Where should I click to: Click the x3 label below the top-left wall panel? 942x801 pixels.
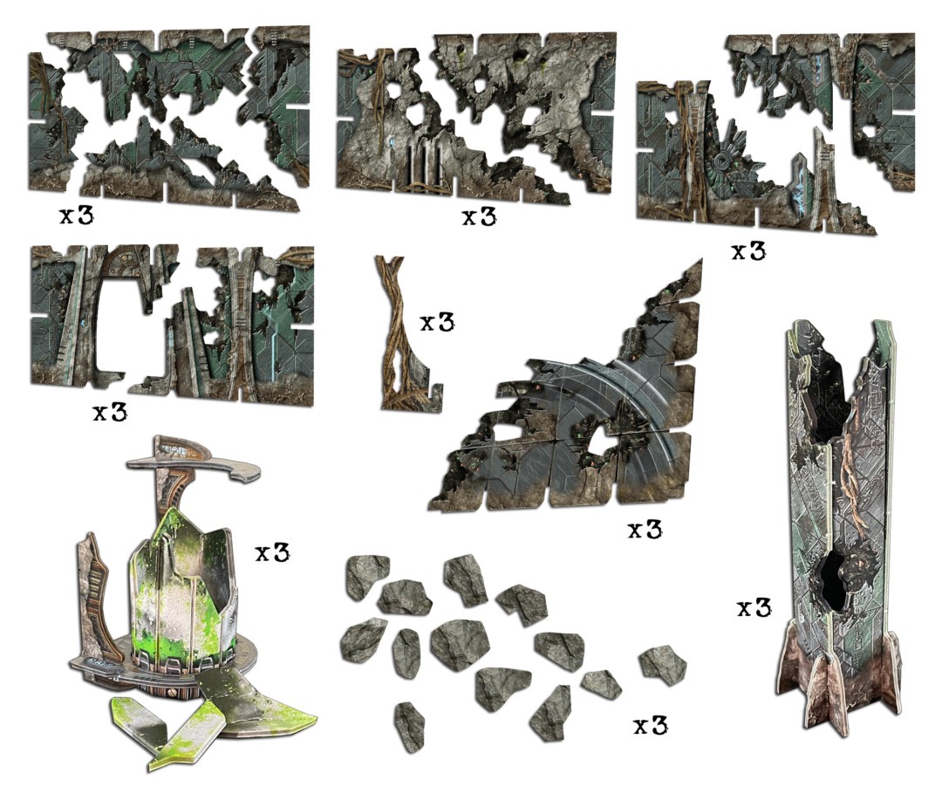tap(77, 216)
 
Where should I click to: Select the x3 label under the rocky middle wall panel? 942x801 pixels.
tap(479, 216)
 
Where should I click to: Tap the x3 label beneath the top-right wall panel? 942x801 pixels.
tap(747, 251)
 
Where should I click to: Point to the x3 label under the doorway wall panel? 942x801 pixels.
tap(110, 412)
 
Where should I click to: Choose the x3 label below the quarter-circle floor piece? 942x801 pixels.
tap(645, 530)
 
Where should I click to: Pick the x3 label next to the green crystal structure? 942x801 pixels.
tap(272, 553)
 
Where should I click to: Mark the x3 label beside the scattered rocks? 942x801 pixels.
tap(650, 725)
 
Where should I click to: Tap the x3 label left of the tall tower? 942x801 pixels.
tap(754, 608)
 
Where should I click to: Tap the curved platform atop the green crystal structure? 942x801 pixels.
tap(188, 458)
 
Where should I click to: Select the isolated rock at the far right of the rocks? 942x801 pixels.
tap(663, 664)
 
